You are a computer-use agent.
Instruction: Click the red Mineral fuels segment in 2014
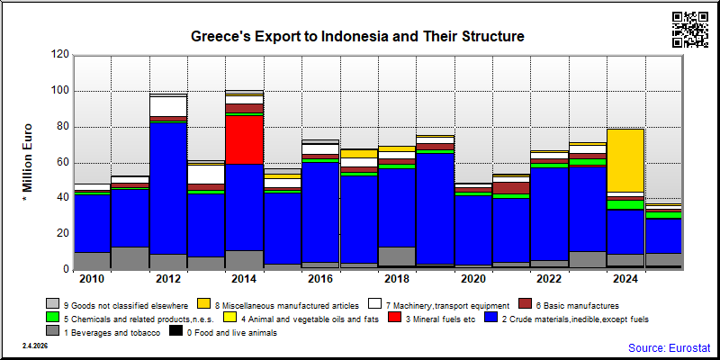pyautogui.click(x=244, y=139)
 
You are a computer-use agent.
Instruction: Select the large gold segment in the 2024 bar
pyautogui.click(x=625, y=160)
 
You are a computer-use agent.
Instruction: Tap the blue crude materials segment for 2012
pyautogui.click(x=168, y=189)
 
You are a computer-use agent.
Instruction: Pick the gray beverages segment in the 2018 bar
pyautogui.click(x=397, y=256)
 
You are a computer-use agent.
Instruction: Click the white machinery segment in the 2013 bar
pyautogui.click(x=206, y=175)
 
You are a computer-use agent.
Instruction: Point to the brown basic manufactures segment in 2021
pyautogui.click(x=511, y=188)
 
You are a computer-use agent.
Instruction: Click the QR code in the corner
pyautogui.click(x=690, y=30)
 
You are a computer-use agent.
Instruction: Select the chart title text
pyautogui.click(x=357, y=36)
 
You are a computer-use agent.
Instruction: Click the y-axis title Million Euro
pyautogui.click(x=28, y=163)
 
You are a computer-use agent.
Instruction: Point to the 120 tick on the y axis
pyautogui.click(x=62, y=55)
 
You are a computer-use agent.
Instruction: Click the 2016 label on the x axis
pyautogui.click(x=320, y=279)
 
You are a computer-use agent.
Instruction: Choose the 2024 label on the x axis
pyautogui.click(x=625, y=279)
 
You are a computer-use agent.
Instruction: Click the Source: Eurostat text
pyautogui.click(x=669, y=347)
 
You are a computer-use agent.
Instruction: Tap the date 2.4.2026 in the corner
pyautogui.click(x=34, y=346)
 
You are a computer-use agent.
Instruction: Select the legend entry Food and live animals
pyautogui.click(x=232, y=333)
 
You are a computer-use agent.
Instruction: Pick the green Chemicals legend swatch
pyautogui.click(x=52, y=317)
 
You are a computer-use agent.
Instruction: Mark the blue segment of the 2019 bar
pyautogui.click(x=435, y=209)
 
